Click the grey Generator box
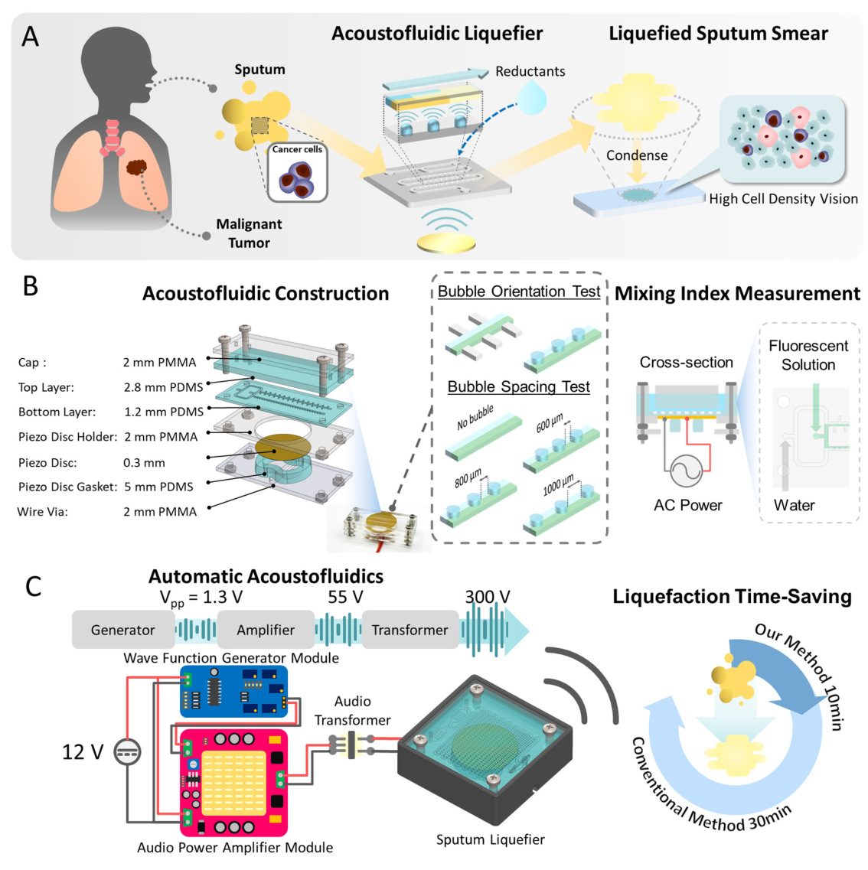[x=123, y=630]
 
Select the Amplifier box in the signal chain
[x=266, y=630]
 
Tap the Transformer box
[x=410, y=630]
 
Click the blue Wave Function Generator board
[x=233, y=692]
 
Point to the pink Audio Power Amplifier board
[x=233, y=783]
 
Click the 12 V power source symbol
[x=127, y=752]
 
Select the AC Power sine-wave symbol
[x=687, y=471]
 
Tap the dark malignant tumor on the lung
[x=136, y=167]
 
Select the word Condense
[x=637, y=155]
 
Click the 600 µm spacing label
[x=550, y=424]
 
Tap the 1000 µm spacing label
[x=558, y=485]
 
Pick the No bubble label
[x=475, y=417]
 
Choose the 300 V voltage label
[x=488, y=597]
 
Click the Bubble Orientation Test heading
[x=519, y=292]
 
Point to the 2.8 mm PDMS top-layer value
[x=163, y=387]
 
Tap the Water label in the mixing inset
[x=795, y=505]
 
